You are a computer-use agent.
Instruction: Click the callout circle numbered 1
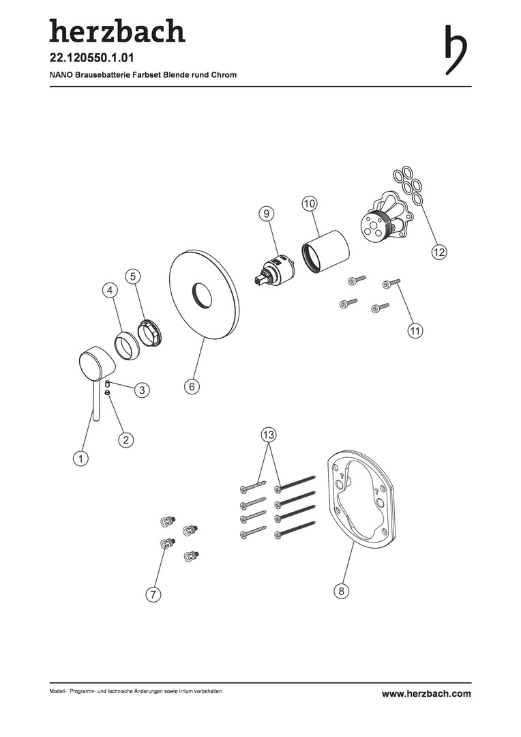click(80, 458)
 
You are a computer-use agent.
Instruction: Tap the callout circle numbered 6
click(192, 386)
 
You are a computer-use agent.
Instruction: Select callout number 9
click(266, 214)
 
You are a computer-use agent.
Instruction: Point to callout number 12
click(438, 252)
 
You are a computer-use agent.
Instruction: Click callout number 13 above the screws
click(268, 435)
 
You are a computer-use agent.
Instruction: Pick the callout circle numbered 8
click(342, 590)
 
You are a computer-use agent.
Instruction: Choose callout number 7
click(153, 594)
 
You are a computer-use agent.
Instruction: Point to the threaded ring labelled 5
click(150, 332)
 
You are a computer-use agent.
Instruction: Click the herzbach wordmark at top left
click(117, 31)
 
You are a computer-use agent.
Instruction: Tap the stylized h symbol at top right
click(456, 49)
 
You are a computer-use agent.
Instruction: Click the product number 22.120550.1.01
click(92, 58)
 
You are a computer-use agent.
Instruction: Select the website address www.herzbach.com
click(426, 693)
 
